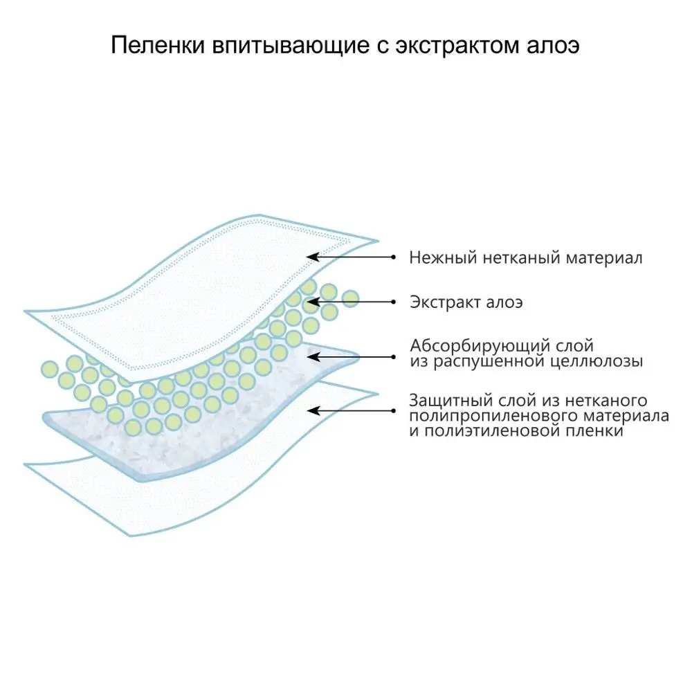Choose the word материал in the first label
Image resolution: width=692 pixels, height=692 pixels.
(605, 258)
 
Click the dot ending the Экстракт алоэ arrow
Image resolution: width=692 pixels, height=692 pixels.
(393, 302)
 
